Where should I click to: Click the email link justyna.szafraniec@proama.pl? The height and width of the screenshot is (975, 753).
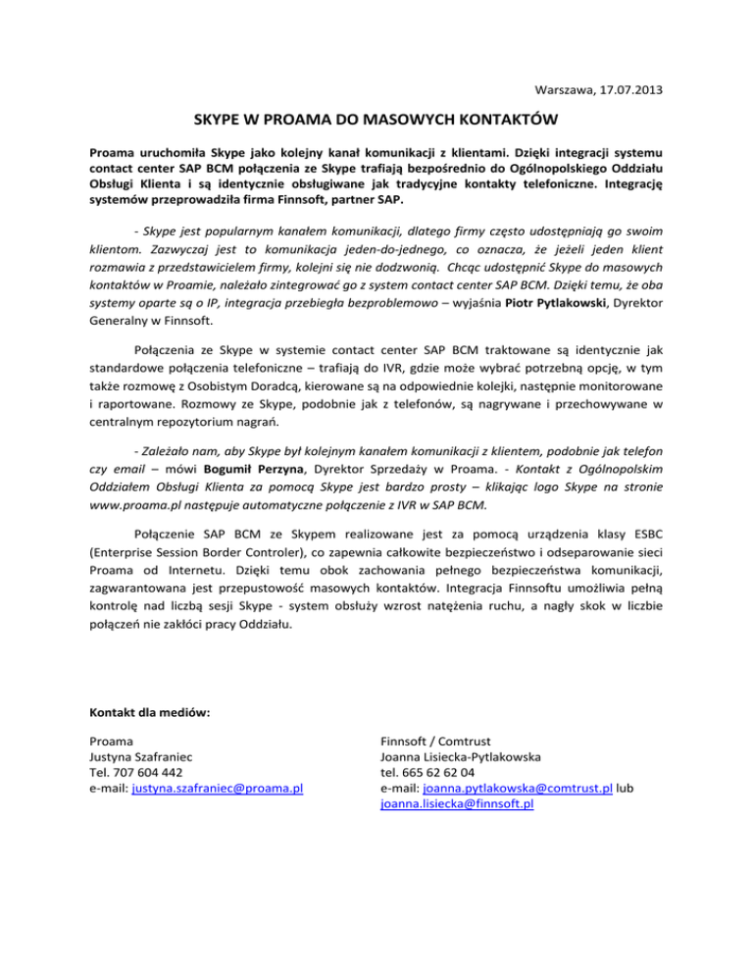pyautogui.click(x=217, y=788)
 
